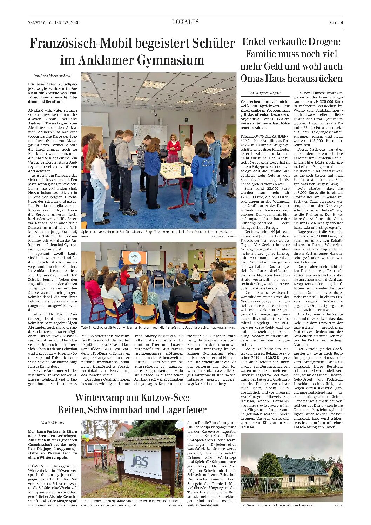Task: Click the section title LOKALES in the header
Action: point(185,22)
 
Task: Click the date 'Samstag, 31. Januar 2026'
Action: point(54,22)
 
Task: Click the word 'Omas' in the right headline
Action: point(254,78)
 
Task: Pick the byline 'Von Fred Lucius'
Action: point(53,423)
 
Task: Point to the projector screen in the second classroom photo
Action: point(134,257)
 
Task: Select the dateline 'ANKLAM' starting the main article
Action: point(35,110)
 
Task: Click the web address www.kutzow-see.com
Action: point(203,505)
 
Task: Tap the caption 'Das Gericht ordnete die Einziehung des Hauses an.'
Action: point(278,505)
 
